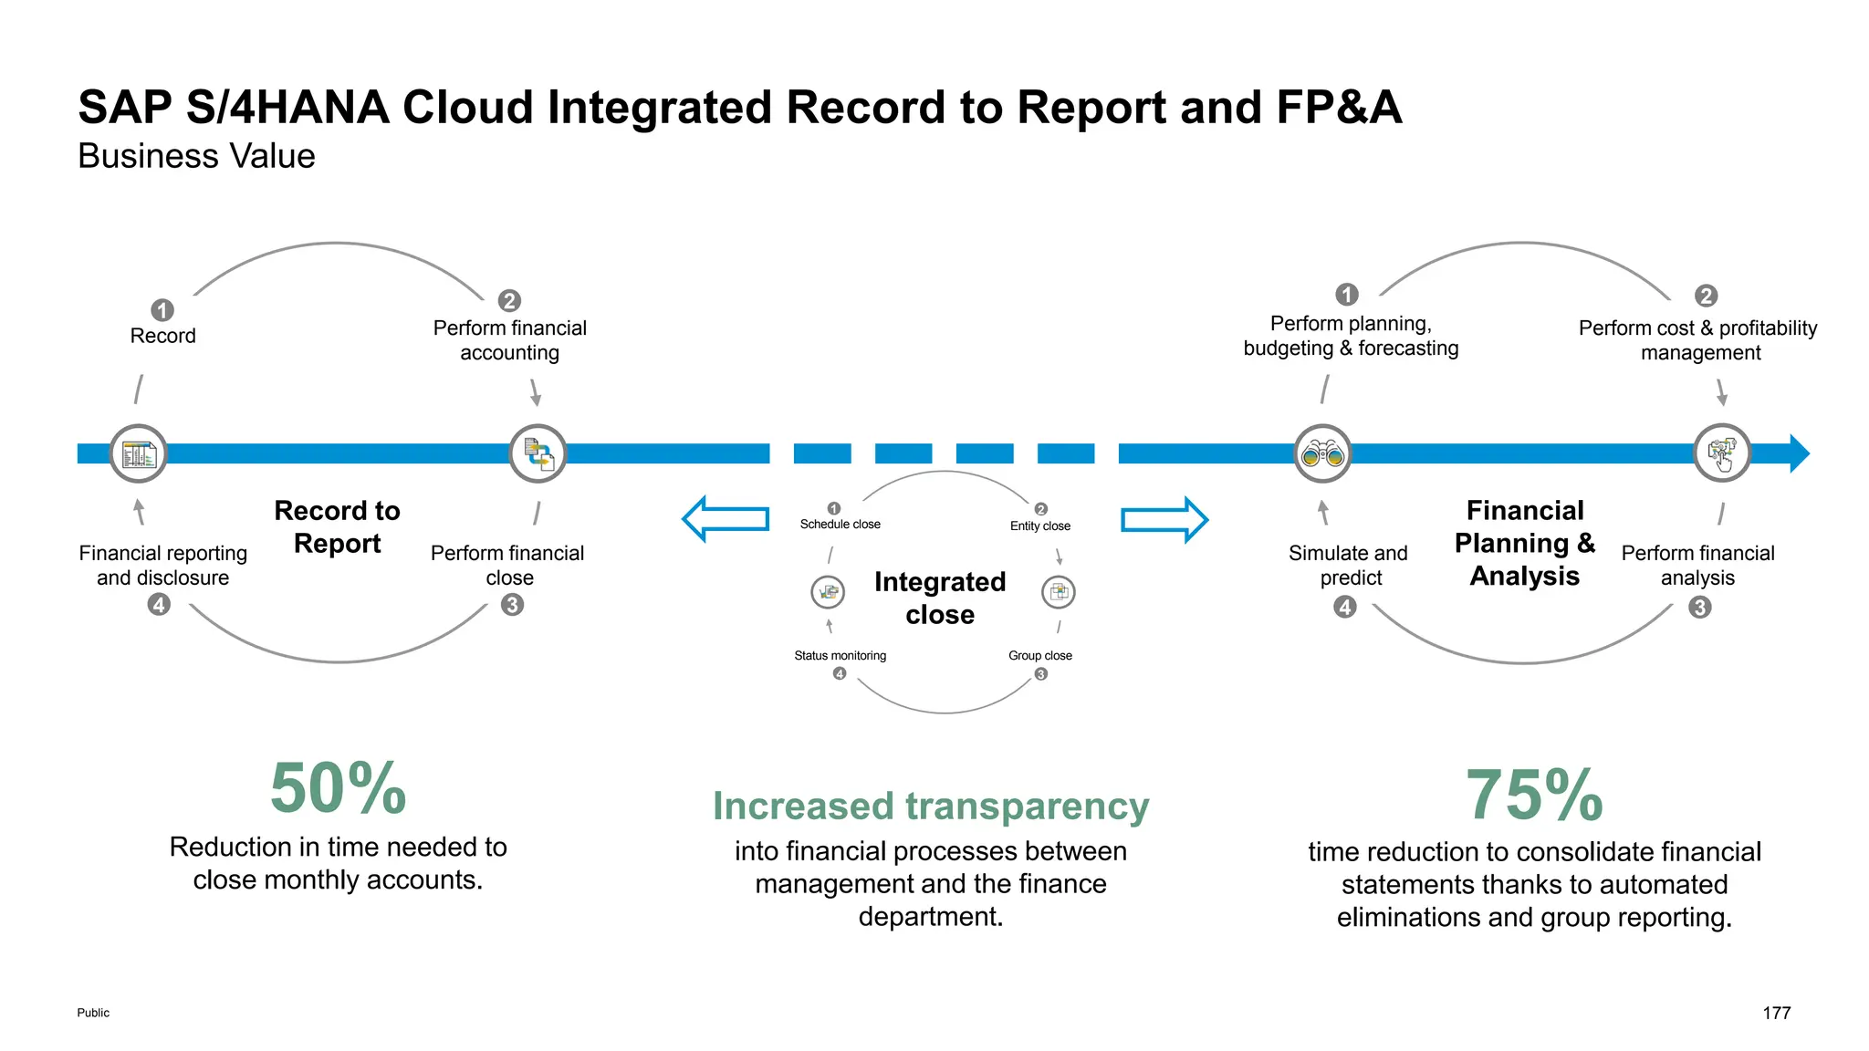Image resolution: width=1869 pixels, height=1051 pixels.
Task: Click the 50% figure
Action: coord(338,788)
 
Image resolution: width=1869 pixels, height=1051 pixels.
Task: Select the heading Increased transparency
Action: coord(930,806)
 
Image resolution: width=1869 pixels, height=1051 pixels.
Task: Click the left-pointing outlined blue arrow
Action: coord(726,519)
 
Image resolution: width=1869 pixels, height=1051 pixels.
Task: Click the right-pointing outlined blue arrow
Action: coord(1164,520)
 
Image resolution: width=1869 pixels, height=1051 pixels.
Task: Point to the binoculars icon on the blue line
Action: coord(1322,453)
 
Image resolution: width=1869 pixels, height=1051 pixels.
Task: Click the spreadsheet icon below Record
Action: coord(139,453)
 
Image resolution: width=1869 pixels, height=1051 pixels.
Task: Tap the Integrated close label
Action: coord(940,598)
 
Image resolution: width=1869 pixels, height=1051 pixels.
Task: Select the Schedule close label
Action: coord(840,525)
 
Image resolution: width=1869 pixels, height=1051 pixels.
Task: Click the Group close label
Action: coord(1039,656)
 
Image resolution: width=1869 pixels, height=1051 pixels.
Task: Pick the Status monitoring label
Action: coord(840,656)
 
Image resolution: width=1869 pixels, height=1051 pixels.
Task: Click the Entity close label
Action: coord(1039,526)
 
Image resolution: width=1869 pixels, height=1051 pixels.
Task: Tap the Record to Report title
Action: coord(337,526)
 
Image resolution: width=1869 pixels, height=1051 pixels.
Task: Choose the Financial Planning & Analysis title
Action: coord(1524,543)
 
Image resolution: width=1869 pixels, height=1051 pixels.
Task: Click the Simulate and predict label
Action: coord(1349,566)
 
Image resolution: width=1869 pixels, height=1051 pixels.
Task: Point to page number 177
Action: coord(1776,1013)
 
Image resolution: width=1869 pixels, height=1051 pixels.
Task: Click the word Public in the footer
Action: coord(93,1013)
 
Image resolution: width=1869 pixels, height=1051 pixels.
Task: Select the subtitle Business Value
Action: coord(196,156)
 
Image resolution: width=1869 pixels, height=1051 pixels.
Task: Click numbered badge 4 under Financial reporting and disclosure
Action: coord(159,605)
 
